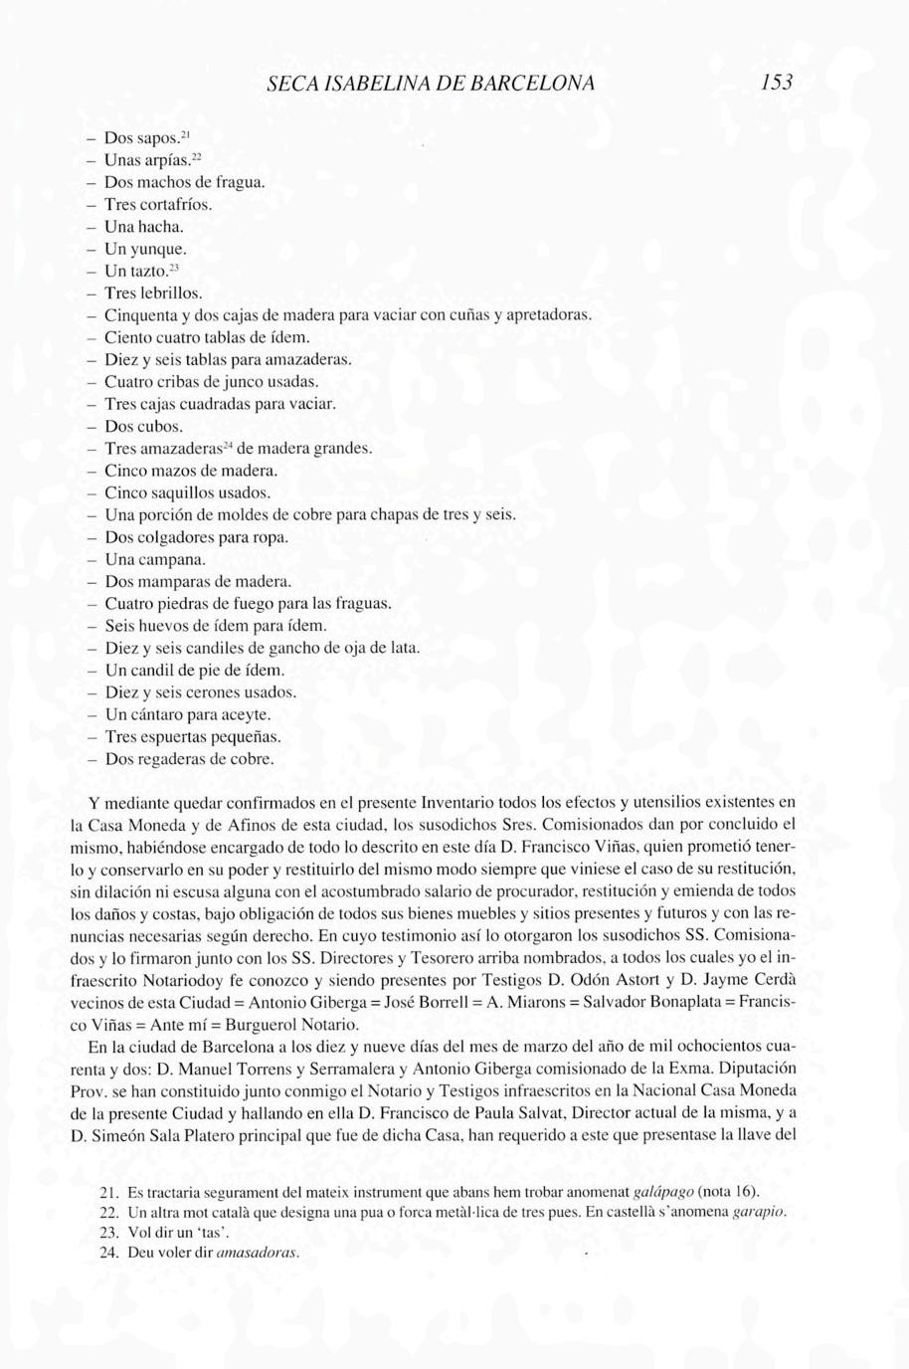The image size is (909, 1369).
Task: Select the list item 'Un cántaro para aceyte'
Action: point(187,715)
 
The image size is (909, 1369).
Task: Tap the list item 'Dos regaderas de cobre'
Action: point(189,760)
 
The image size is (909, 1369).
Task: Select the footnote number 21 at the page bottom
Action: point(110,1192)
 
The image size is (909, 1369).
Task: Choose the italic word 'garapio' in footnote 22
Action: point(759,1213)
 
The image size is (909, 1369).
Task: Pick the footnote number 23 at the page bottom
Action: point(110,1233)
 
